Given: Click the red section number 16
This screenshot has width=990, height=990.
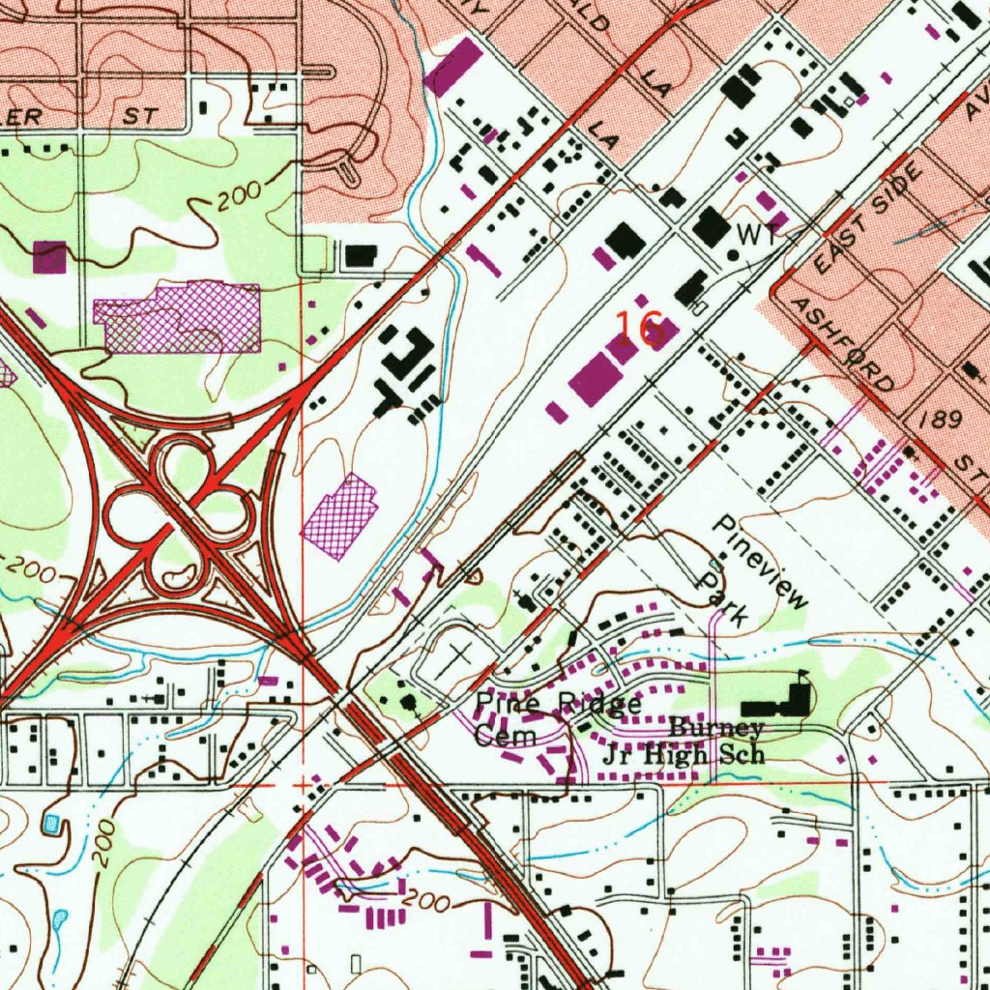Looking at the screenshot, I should [x=639, y=329].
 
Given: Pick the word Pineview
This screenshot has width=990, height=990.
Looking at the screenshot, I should [x=760, y=561].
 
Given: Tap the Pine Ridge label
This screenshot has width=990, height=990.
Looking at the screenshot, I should [x=558, y=704].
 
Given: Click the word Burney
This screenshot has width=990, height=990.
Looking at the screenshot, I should [x=716, y=729].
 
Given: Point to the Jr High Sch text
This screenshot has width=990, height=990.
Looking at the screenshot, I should [x=684, y=755].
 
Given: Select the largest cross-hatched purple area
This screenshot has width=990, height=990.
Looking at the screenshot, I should [x=179, y=317].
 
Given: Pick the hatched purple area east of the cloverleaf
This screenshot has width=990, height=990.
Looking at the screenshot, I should [x=338, y=515].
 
